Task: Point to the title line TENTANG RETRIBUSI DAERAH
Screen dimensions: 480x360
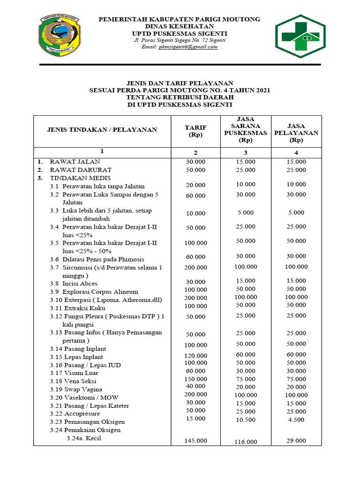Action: (180, 97)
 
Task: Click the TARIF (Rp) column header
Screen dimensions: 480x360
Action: (195, 131)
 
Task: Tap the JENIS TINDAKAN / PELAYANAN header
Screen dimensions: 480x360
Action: (102, 129)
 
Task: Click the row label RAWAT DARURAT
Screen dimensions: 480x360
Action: (81, 170)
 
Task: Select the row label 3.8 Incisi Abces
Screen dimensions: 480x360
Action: (74, 284)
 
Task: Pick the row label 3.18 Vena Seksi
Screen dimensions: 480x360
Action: (76, 381)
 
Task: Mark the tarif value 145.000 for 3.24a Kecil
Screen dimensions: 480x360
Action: (195, 441)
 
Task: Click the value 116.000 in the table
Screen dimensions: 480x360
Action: (245, 442)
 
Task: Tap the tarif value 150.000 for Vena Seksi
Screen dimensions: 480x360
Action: (195, 379)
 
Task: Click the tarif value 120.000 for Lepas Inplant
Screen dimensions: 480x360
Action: (195, 355)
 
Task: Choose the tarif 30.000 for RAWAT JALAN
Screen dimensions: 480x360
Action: (195, 162)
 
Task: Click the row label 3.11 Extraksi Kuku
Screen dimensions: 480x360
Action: (77, 308)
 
